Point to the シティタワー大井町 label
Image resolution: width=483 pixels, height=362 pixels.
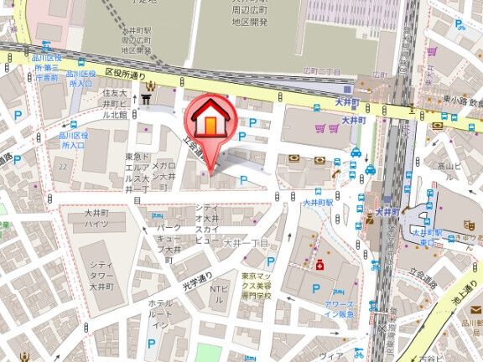click(103, 274)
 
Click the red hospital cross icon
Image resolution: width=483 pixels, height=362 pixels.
click(319, 265)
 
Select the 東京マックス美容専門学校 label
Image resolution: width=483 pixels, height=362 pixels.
click(256, 286)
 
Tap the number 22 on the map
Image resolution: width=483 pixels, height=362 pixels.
click(62, 168)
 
